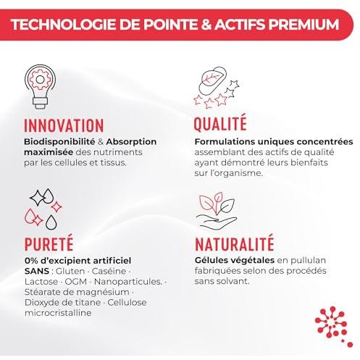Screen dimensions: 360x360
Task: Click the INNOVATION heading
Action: (64, 125)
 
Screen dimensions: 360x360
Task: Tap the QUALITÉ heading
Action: (220, 123)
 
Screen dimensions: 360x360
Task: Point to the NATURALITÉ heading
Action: (235, 243)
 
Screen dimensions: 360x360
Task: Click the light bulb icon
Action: (40, 86)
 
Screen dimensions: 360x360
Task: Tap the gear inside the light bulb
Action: (40, 80)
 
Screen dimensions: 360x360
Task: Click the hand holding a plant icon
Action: (217, 211)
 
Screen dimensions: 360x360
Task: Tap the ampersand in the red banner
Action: (206, 25)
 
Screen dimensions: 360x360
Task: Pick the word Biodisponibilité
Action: (59, 141)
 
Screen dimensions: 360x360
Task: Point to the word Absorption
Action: (131, 142)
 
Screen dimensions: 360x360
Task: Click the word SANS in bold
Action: (37, 271)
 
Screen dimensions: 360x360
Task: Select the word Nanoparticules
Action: (128, 282)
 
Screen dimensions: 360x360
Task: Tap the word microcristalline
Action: (58, 313)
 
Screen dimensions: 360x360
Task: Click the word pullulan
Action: (301, 261)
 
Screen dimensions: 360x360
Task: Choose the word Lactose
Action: (41, 282)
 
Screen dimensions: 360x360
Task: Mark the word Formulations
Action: (225, 141)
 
